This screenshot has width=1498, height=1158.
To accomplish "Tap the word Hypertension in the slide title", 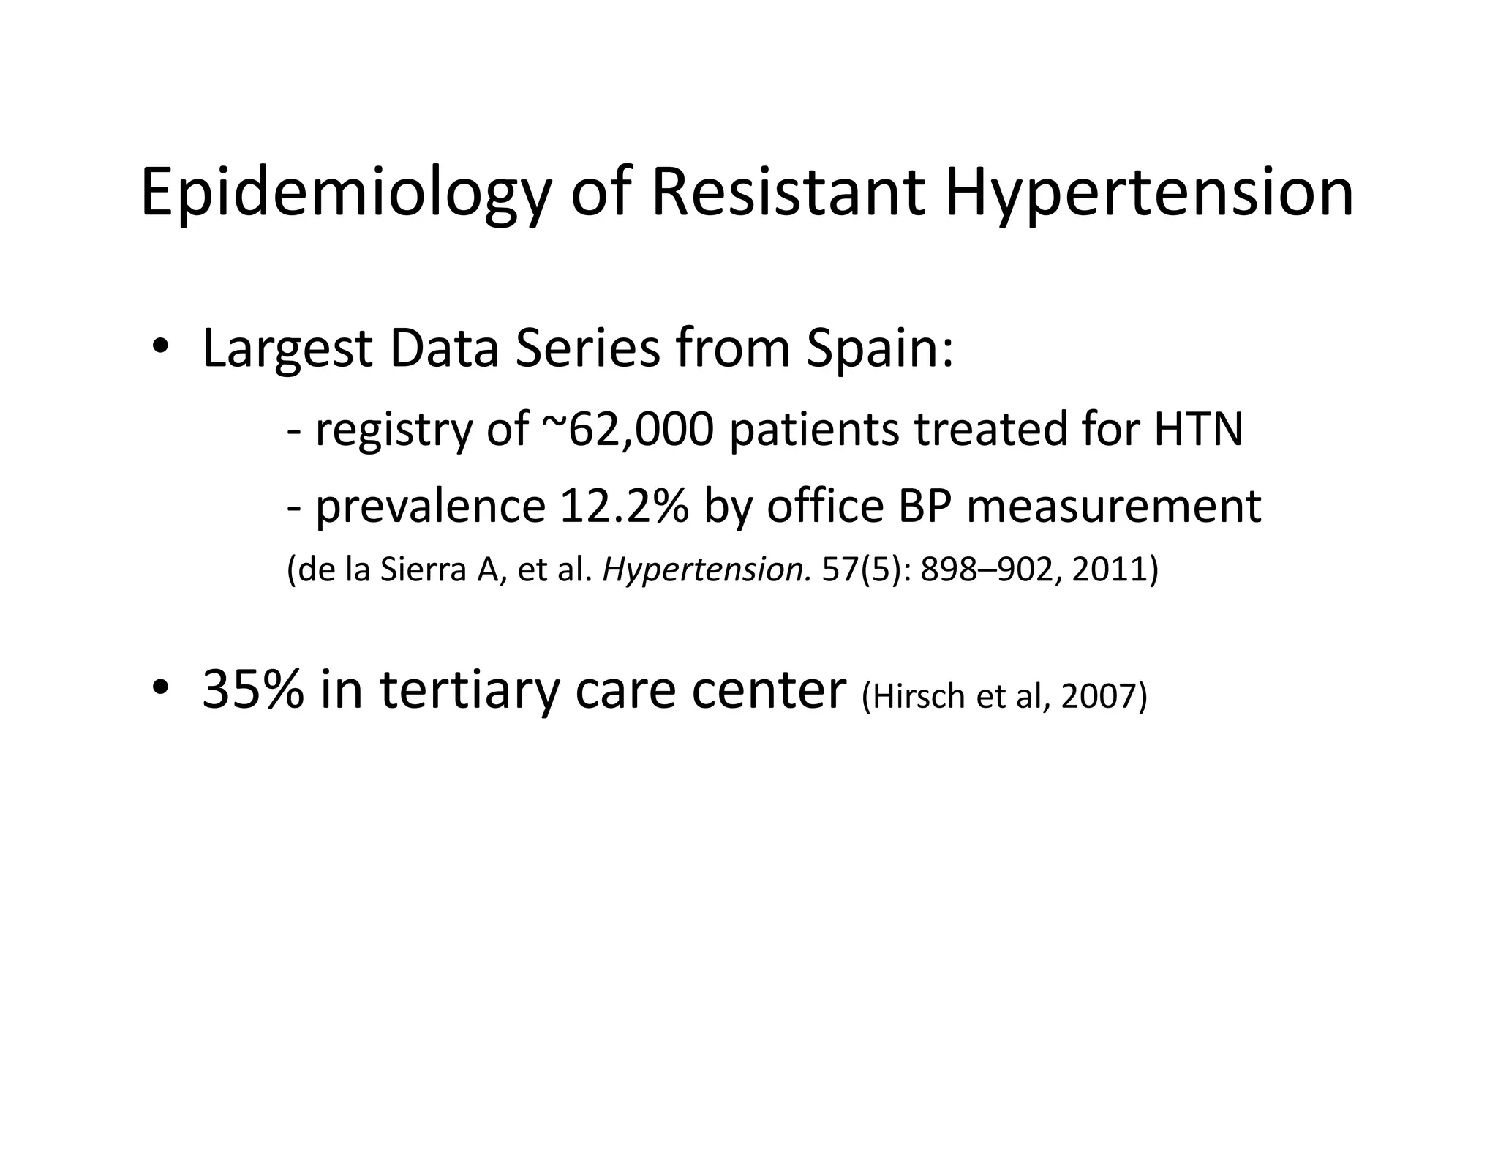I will coord(1148,194).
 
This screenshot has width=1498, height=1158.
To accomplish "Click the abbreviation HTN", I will coord(1198,430).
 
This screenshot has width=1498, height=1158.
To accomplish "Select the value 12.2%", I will coord(623,506).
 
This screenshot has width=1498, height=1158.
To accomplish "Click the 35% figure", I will coord(252,690).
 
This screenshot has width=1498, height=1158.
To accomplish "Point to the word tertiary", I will coord(468,690).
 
